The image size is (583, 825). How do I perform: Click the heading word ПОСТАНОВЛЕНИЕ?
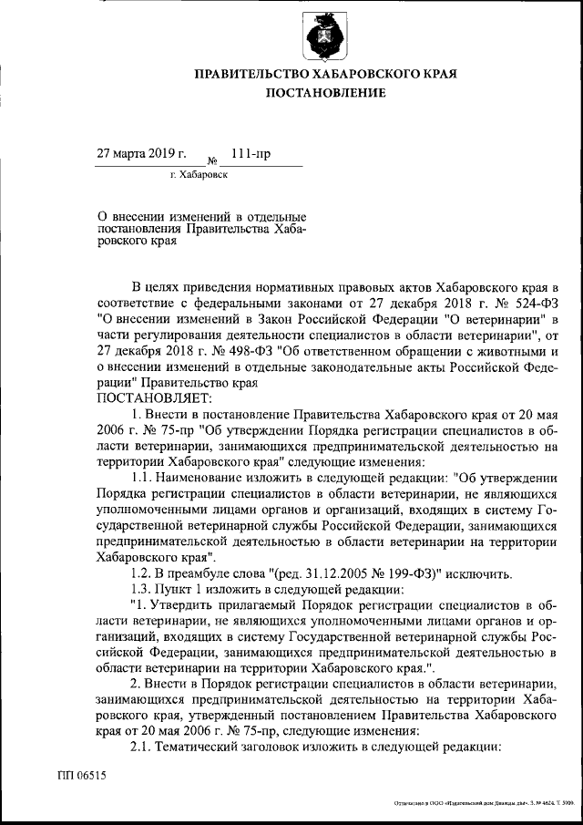[x=325, y=93]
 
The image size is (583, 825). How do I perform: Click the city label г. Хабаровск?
[x=199, y=173]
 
